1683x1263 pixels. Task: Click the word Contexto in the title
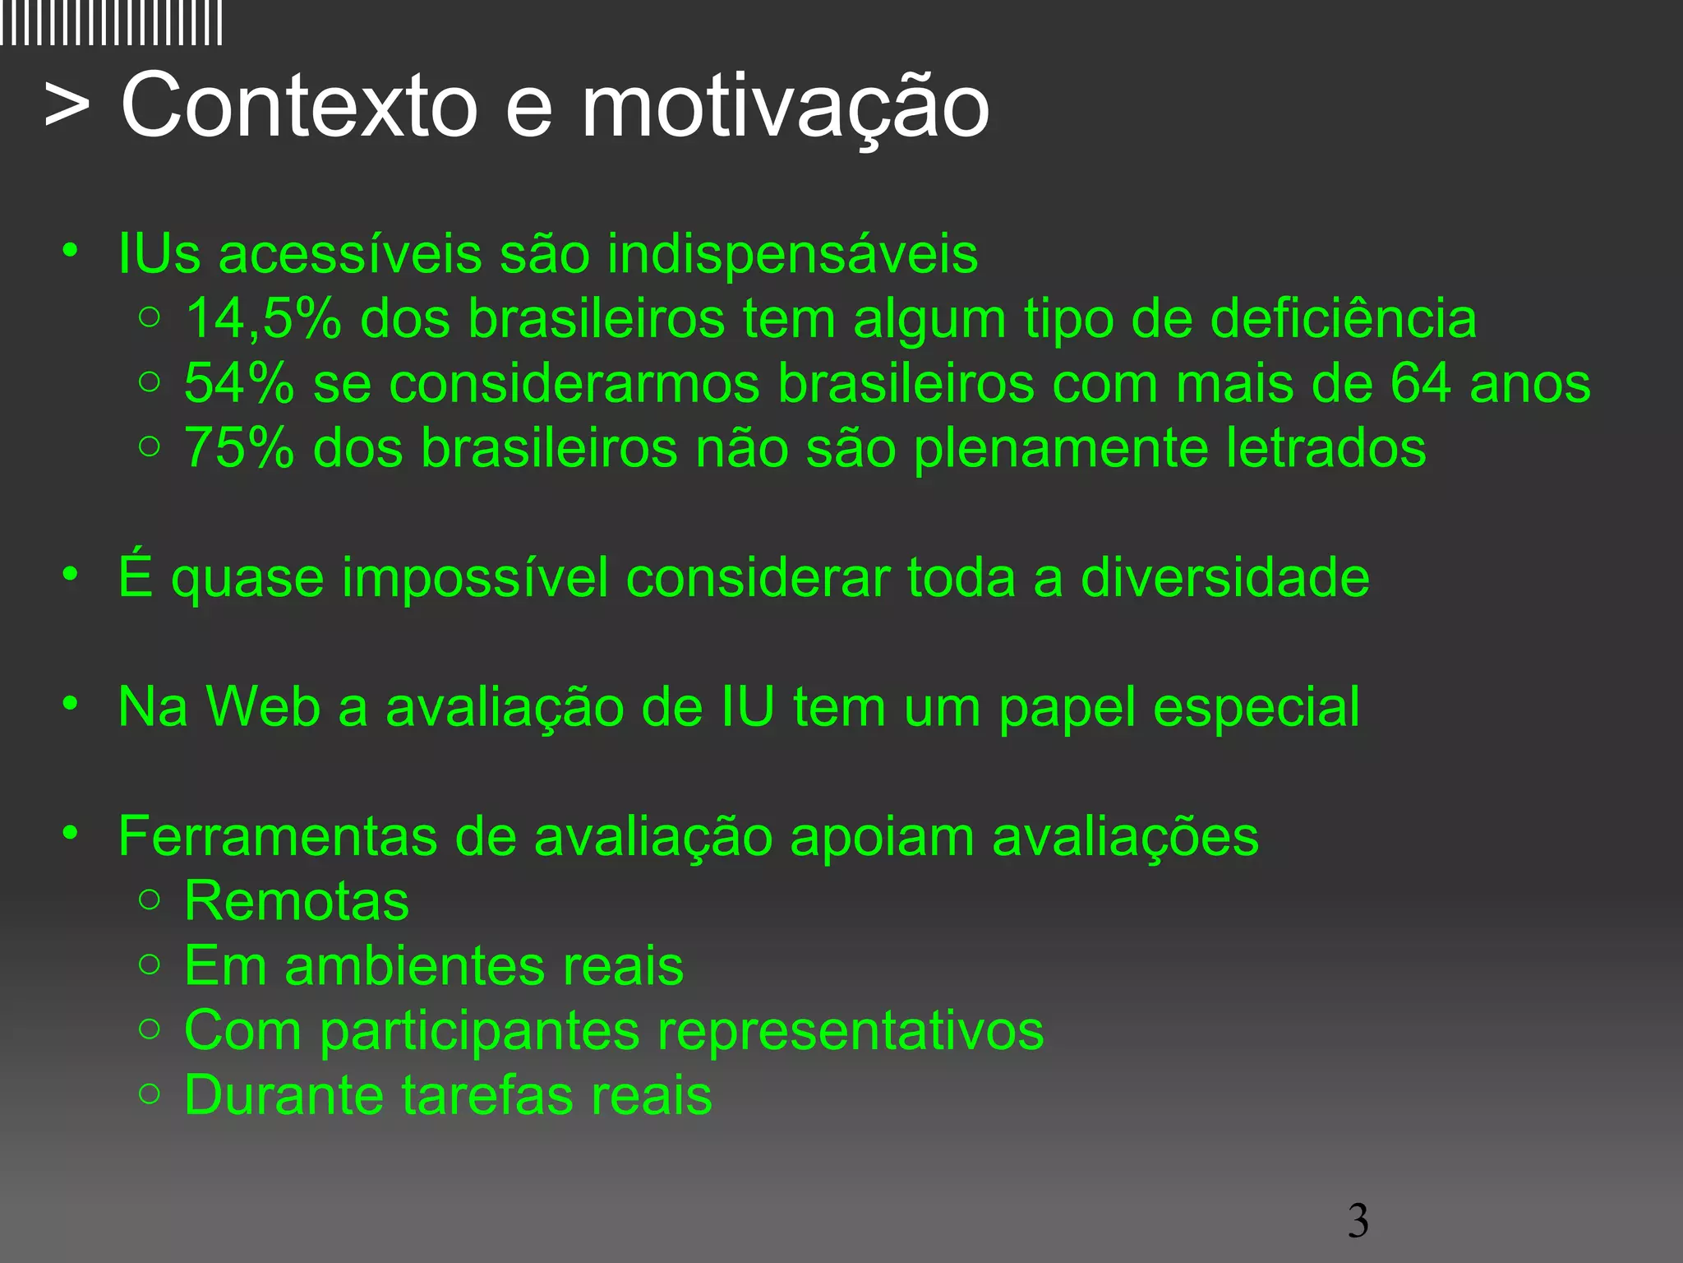tap(299, 105)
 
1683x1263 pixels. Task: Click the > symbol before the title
tap(67, 105)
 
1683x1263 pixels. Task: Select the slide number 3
tap(1358, 1220)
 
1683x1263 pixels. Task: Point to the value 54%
tap(239, 383)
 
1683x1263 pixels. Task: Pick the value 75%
tap(239, 448)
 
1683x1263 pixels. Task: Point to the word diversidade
tap(1224, 577)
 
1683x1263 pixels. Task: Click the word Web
tap(263, 707)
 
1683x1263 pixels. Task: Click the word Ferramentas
tap(278, 836)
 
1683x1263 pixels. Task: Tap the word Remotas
tap(297, 901)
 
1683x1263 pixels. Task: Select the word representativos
tap(846, 1030)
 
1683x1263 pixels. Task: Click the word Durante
tap(284, 1095)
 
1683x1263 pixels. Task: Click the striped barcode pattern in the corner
tap(111, 23)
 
